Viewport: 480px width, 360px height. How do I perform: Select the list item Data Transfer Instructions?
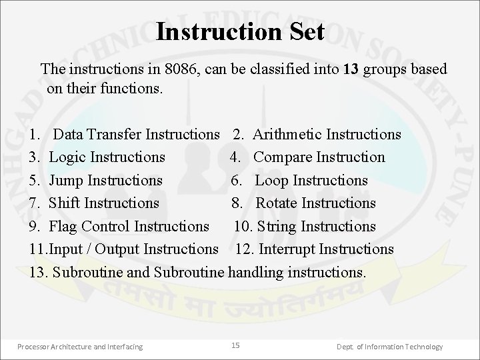click(136, 134)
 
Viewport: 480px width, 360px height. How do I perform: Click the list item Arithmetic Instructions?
click(327, 134)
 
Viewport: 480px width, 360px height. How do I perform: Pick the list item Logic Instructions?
click(107, 157)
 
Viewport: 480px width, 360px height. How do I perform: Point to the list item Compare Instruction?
click(319, 157)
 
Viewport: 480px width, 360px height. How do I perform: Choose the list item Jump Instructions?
click(106, 180)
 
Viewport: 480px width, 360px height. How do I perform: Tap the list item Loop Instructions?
click(311, 180)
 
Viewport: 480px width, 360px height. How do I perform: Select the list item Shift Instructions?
click(104, 203)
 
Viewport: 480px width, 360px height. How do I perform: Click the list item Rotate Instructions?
click(315, 203)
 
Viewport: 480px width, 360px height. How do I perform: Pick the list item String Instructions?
click(316, 226)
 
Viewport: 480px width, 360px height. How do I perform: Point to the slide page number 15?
click(235, 345)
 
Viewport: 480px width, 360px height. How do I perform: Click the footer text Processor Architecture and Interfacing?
click(80, 346)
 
